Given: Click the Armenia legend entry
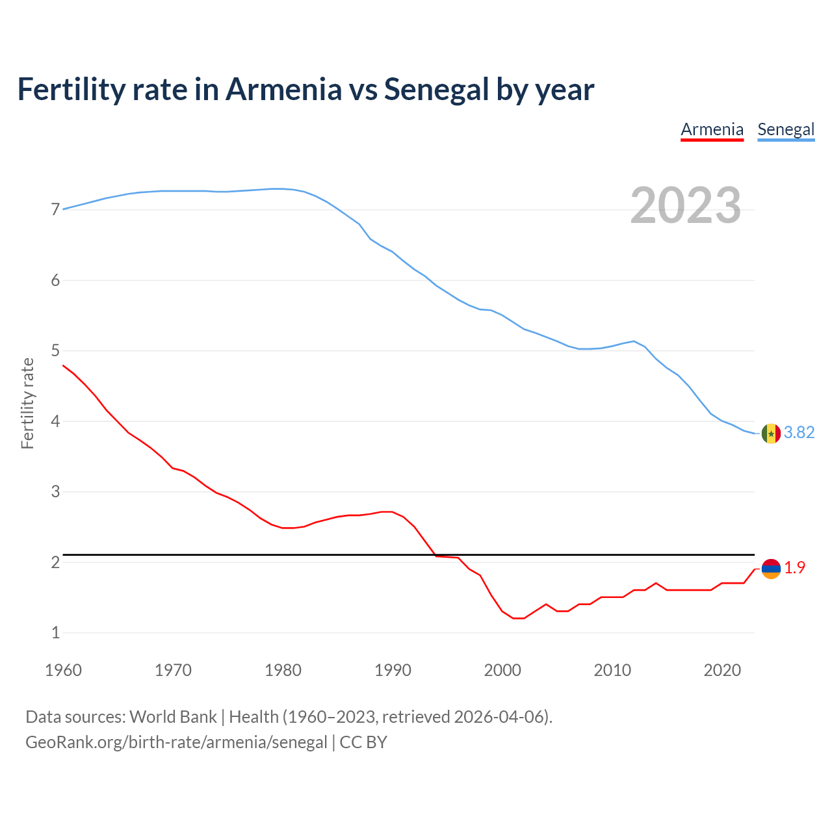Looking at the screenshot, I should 712,129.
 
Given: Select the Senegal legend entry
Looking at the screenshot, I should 786,129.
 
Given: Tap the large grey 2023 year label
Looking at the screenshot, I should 685,205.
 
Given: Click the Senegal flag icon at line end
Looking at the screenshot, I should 771,433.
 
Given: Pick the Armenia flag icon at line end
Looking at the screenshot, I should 771,568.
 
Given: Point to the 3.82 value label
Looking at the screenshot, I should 799,433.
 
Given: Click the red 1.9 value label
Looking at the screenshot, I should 794,568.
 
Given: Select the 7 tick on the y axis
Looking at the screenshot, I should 55,210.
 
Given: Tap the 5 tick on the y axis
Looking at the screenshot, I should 55,351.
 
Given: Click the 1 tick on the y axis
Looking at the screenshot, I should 55,632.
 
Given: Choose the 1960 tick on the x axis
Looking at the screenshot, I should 63,670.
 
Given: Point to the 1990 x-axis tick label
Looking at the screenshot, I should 393,670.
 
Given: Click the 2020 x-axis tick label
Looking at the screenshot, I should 722,670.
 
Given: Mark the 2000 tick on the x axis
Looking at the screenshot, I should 502,670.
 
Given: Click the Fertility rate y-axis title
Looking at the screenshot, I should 27,403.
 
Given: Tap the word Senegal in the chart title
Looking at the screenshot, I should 436,89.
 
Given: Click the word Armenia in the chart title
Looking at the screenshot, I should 283,89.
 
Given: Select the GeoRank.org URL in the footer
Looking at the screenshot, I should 176,742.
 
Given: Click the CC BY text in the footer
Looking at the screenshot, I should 363,742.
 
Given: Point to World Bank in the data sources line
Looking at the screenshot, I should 173,717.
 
